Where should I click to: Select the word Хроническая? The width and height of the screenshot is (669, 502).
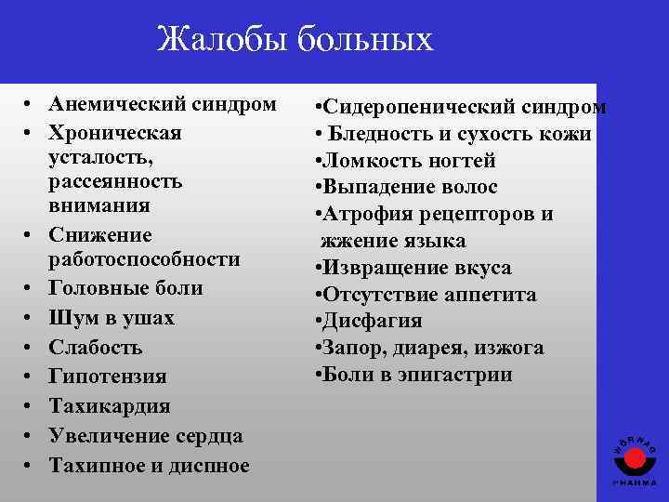pos(114,132)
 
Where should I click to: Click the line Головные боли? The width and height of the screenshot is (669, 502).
pos(125,289)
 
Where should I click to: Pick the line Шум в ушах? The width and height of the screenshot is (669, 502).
pos(111,318)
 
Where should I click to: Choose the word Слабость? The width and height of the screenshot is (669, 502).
pos(97,348)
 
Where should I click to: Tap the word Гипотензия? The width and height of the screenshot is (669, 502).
pos(108,376)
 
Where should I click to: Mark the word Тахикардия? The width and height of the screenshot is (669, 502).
pos(109,406)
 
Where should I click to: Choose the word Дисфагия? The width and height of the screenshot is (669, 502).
pos(372,322)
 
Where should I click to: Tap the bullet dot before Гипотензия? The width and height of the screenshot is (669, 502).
pos(31,376)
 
